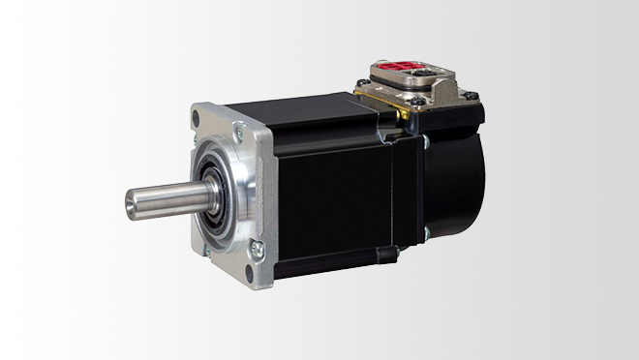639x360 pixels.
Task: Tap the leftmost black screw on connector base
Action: click(x=362, y=83)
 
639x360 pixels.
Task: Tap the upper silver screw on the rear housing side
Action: click(x=424, y=142)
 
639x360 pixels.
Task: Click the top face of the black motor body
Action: click(x=310, y=106)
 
